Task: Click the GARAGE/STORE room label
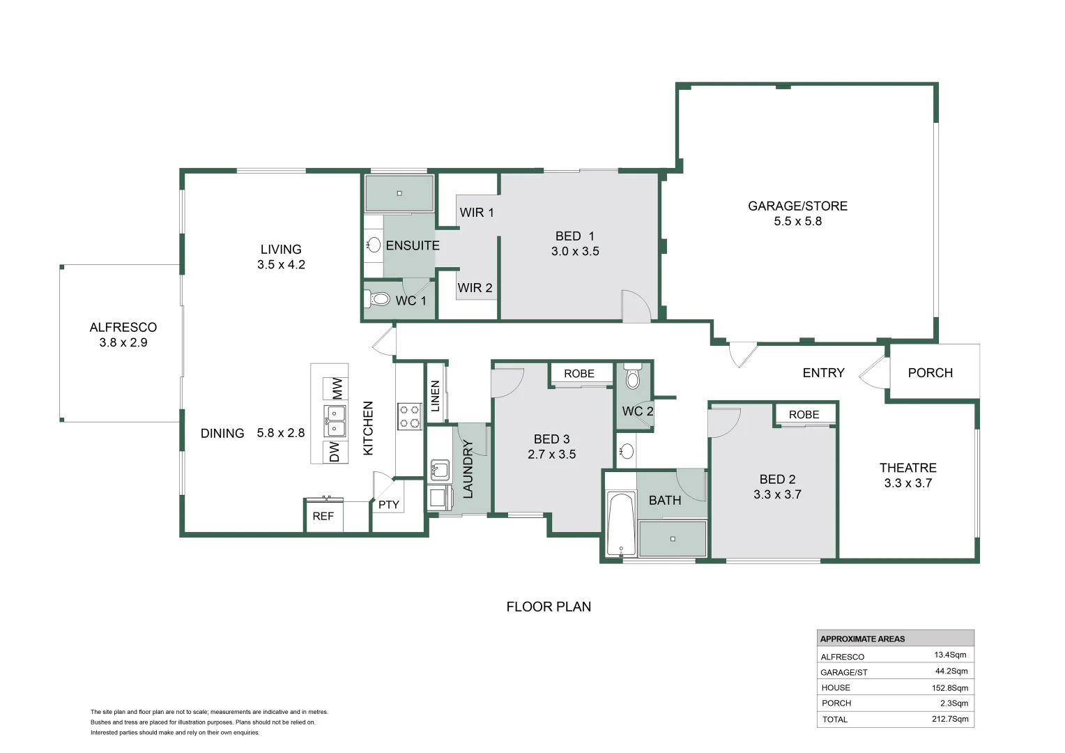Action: point(797,206)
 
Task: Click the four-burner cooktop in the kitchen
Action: point(409,416)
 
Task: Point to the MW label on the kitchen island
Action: point(336,388)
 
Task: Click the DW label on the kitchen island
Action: point(335,452)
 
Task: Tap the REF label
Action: point(323,516)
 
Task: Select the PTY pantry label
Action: point(388,505)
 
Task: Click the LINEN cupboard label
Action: point(435,396)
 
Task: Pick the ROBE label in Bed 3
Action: point(579,374)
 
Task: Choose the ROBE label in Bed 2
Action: point(804,415)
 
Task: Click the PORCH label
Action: point(930,373)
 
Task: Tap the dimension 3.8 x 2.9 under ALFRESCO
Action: point(123,342)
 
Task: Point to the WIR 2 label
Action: point(475,288)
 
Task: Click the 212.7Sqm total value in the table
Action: point(950,719)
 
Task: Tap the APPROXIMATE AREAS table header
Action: point(862,639)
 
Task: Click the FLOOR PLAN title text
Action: point(549,607)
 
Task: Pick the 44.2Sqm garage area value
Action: point(951,671)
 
